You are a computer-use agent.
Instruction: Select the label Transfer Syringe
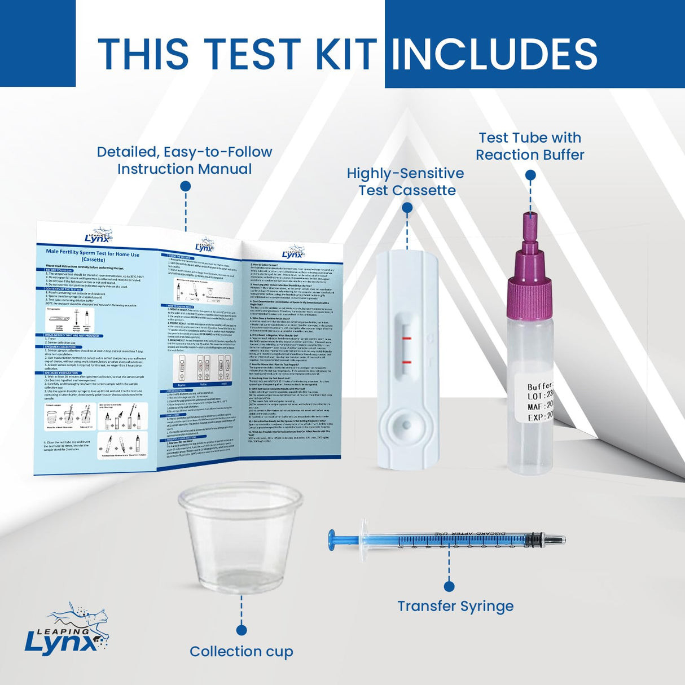coord(455,606)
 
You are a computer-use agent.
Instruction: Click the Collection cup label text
coord(241,651)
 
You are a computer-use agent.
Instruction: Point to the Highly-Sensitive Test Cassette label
coord(406,182)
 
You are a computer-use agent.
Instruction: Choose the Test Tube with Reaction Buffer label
coord(529,146)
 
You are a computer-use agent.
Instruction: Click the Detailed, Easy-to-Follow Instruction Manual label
coord(185,160)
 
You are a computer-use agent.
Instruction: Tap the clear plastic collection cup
coord(241,542)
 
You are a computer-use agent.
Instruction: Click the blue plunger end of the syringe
coord(333,540)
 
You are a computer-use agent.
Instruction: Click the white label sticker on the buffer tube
coord(538,401)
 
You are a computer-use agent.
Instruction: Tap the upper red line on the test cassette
coord(407,339)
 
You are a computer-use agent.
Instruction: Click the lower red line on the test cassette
coord(407,361)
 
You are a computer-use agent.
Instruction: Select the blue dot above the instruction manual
coord(185,186)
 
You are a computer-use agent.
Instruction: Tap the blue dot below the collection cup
coord(241,630)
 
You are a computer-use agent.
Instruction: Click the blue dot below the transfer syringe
coord(449,586)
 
